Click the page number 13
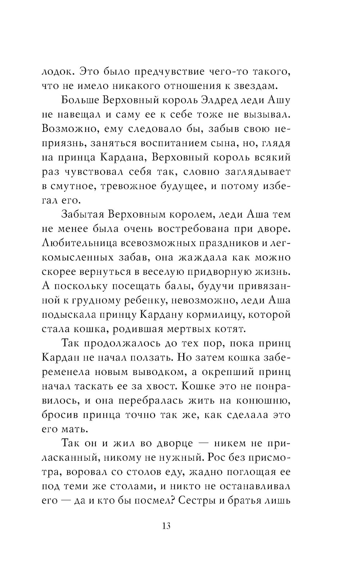pyautogui.click(x=166, y=526)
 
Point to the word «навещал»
pyautogui.click(x=81, y=115)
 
